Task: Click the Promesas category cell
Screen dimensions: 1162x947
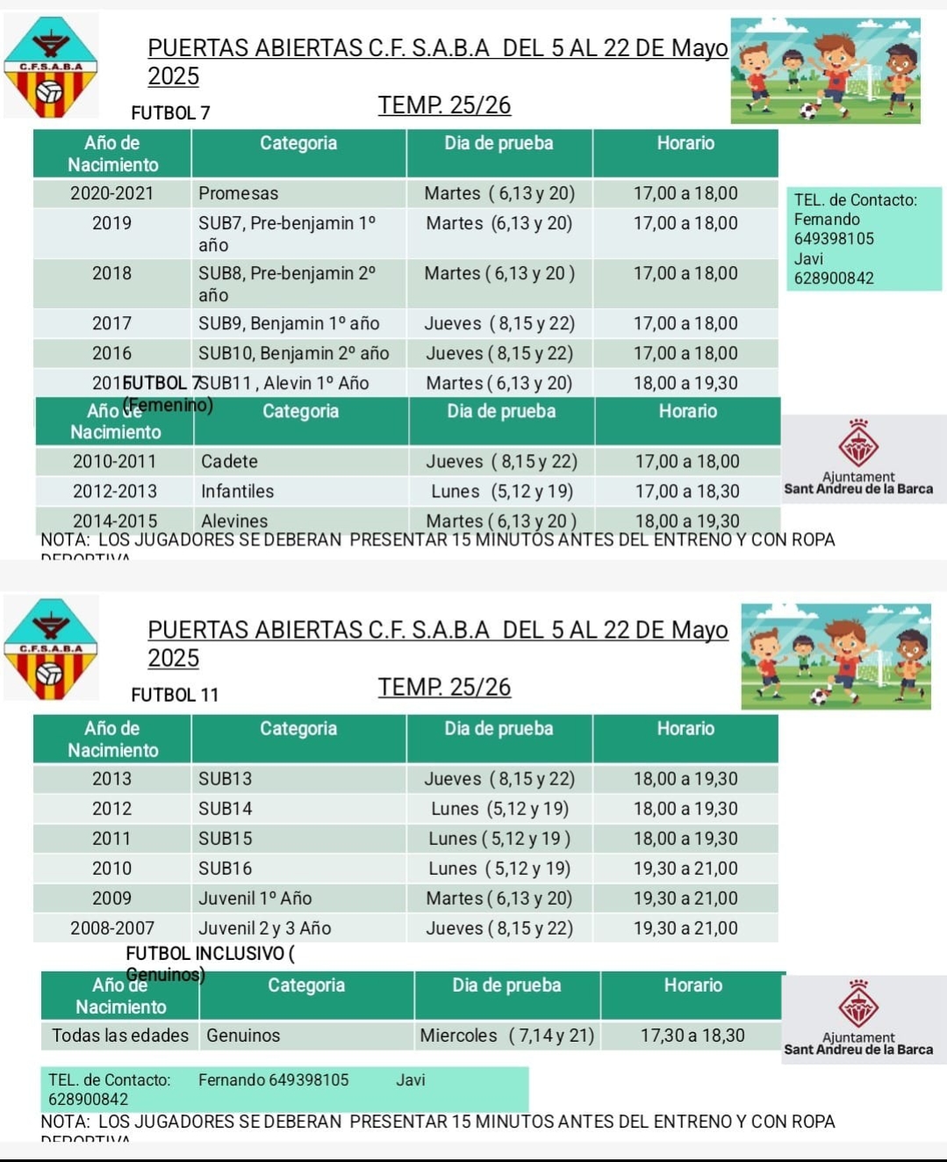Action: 238,193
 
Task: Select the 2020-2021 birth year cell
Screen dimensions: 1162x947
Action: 111,193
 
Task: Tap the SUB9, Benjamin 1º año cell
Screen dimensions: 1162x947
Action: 289,323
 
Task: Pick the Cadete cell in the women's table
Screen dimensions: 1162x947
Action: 229,461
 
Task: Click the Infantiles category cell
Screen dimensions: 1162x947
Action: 237,491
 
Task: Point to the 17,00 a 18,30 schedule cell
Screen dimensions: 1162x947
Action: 686,491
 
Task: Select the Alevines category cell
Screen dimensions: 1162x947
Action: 234,521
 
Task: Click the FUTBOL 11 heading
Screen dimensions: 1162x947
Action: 175,695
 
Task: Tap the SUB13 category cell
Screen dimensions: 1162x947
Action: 225,779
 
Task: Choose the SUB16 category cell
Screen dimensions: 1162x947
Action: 225,869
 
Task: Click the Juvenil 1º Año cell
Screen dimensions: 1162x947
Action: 255,899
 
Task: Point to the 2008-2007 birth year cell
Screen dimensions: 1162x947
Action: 111,928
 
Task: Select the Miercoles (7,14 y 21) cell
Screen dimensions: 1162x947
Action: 506,1036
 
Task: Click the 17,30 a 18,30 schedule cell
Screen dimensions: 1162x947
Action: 692,1036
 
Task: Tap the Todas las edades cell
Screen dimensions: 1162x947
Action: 120,1036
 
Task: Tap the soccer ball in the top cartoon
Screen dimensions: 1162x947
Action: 808,112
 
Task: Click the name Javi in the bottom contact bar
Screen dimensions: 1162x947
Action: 410,1079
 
